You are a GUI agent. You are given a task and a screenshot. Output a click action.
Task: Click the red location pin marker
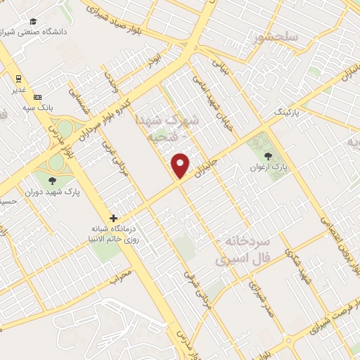[181, 165]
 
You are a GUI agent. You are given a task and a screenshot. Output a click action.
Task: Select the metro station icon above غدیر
[18, 78]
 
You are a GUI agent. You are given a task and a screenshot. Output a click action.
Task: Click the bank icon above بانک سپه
[37, 97]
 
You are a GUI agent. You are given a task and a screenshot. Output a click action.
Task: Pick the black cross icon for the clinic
[113, 218]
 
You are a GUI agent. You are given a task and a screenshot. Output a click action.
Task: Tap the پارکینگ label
[286, 112]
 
